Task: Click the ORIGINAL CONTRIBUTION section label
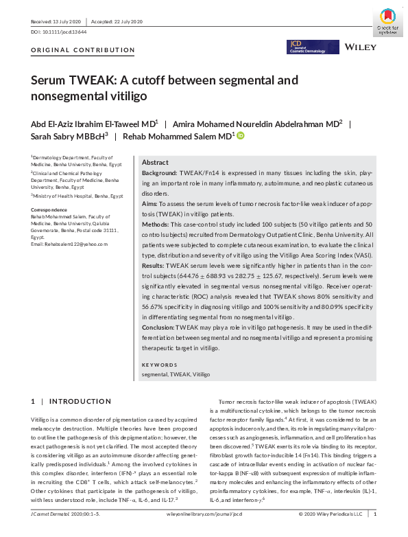click(x=83, y=50)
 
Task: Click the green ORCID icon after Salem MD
click(x=241, y=136)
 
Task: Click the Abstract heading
click(x=155, y=162)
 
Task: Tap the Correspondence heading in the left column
click(x=49, y=209)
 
